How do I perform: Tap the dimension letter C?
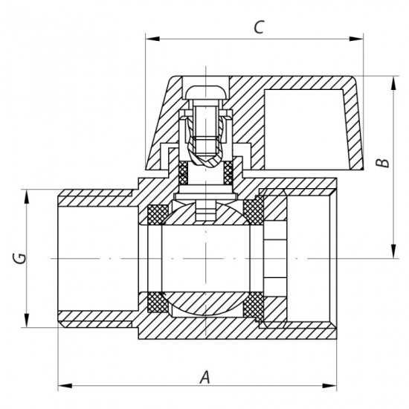coord(258,28)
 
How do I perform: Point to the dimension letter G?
coord(22,259)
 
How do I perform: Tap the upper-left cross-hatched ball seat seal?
coord(158,213)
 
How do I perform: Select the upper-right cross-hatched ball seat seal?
coord(253,213)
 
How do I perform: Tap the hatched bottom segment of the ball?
coord(204,305)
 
